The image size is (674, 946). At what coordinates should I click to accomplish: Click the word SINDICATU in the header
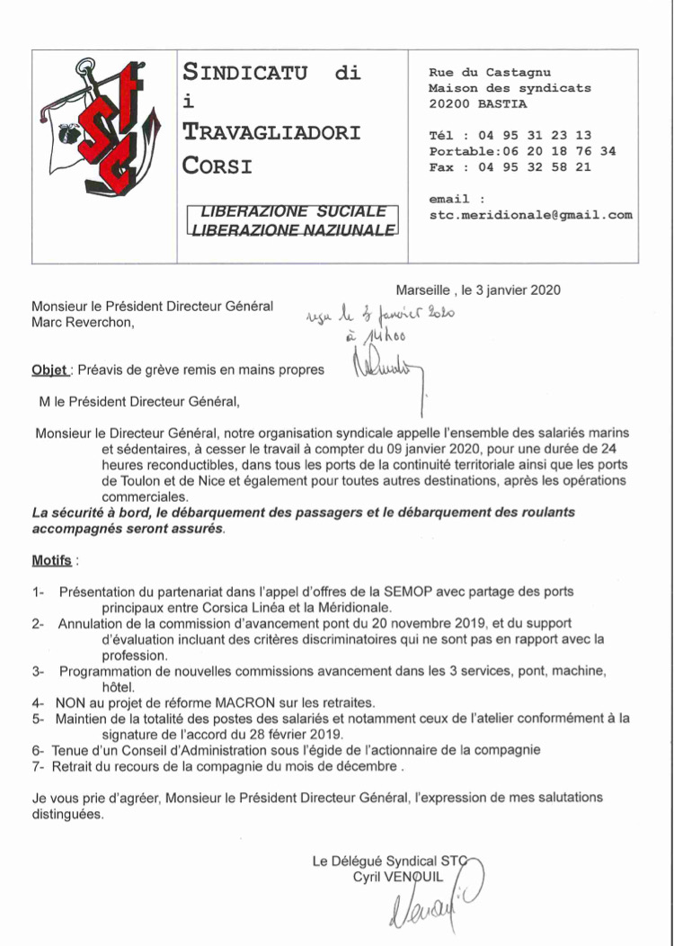(245, 72)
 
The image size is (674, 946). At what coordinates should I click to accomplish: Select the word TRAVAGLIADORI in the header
(271, 132)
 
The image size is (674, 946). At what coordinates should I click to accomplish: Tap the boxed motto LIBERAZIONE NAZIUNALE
(292, 230)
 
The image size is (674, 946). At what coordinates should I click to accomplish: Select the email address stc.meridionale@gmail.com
(531, 215)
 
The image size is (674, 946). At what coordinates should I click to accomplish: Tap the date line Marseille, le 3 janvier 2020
(478, 290)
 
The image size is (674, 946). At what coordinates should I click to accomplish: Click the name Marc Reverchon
(83, 322)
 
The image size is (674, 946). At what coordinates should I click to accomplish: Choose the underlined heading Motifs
(51, 559)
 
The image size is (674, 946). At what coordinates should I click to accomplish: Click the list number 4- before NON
(38, 701)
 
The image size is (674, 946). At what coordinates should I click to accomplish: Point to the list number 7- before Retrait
(38, 765)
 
